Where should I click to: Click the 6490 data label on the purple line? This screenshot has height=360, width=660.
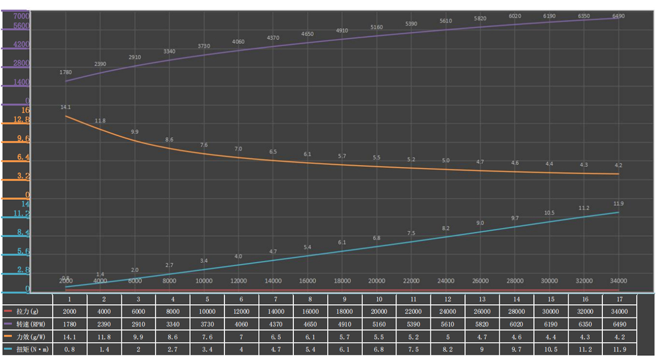click(x=618, y=16)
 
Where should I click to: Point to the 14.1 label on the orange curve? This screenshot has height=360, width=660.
click(x=66, y=107)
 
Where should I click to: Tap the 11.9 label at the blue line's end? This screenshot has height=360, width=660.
click(x=618, y=203)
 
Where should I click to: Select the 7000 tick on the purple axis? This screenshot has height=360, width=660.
click(x=21, y=16)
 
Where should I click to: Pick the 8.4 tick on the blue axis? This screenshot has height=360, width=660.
click(x=22, y=232)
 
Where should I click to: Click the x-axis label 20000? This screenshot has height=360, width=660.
click(x=377, y=281)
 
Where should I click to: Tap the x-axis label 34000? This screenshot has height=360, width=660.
click(x=618, y=281)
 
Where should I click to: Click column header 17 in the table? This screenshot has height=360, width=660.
click(x=619, y=299)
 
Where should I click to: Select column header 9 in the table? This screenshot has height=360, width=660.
click(x=344, y=299)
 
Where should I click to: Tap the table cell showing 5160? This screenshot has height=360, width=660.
click(x=379, y=324)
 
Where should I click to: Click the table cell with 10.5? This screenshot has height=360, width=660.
click(x=550, y=349)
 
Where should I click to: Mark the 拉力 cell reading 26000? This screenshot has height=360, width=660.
click(x=482, y=311)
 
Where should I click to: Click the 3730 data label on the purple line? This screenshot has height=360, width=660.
click(x=204, y=46)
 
